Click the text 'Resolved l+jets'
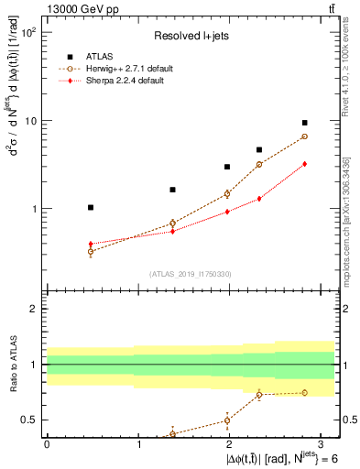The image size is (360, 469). pyautogui.click(x=190, y=36)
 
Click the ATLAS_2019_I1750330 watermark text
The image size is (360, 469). pyautogui.click(x=191, y=274)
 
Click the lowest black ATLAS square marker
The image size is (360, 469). pyautogui.click(x=90, y=208)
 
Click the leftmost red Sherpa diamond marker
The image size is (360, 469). pyautogui.click(x=90, y=244)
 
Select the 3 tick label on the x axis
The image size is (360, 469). pyautogui.click(x=322, y=444)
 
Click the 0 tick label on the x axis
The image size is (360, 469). pyautogui.click(x=47, y=444)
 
